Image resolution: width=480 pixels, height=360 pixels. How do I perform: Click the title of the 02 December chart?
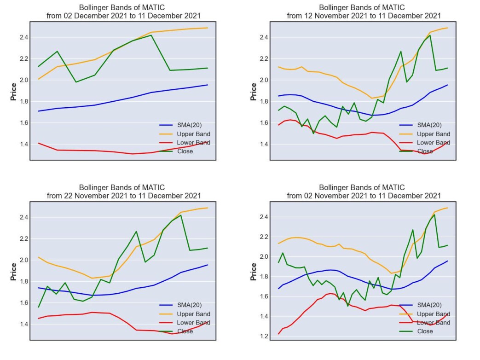tap(123, 12)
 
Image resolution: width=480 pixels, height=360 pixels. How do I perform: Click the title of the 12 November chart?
tap(364, 12)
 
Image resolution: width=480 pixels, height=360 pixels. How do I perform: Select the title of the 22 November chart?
tap(123, 192)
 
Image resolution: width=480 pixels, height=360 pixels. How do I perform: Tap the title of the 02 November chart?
tap(364, 192)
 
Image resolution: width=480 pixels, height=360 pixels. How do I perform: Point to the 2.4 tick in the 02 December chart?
tap(23, 37)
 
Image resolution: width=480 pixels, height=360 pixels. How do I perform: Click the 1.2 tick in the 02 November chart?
tap(264, 336)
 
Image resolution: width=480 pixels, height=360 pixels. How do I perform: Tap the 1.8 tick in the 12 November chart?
tap(264, 101)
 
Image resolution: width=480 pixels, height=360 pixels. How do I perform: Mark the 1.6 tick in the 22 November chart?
tap(23, 303)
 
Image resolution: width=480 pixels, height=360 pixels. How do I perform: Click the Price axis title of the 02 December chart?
tap(13, 92)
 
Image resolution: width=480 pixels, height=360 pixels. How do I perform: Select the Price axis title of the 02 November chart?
tap(254, 272)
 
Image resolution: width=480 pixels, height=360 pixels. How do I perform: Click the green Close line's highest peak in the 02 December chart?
tap(151, 35)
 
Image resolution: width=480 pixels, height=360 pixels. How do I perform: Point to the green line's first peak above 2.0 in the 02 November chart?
tap(283, 253)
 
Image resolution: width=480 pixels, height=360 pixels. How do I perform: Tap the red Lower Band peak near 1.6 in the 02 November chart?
tap(330, 294)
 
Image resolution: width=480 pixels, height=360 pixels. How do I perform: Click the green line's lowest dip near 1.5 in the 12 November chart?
tap(313, 133)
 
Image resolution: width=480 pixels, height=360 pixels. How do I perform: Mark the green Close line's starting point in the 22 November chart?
tap(39, 307)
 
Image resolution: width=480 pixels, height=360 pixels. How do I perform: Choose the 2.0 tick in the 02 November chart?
tap(264, 257)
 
